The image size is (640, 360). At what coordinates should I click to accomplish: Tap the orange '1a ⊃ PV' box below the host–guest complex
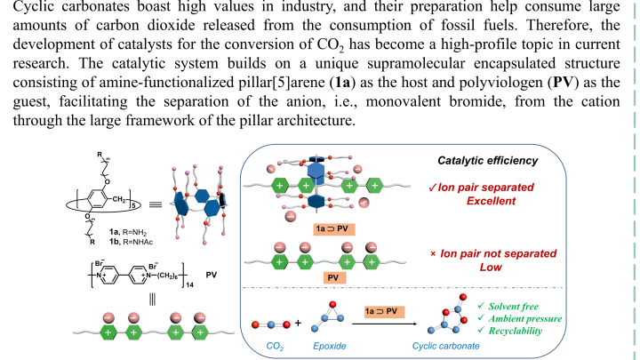(337, 228)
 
